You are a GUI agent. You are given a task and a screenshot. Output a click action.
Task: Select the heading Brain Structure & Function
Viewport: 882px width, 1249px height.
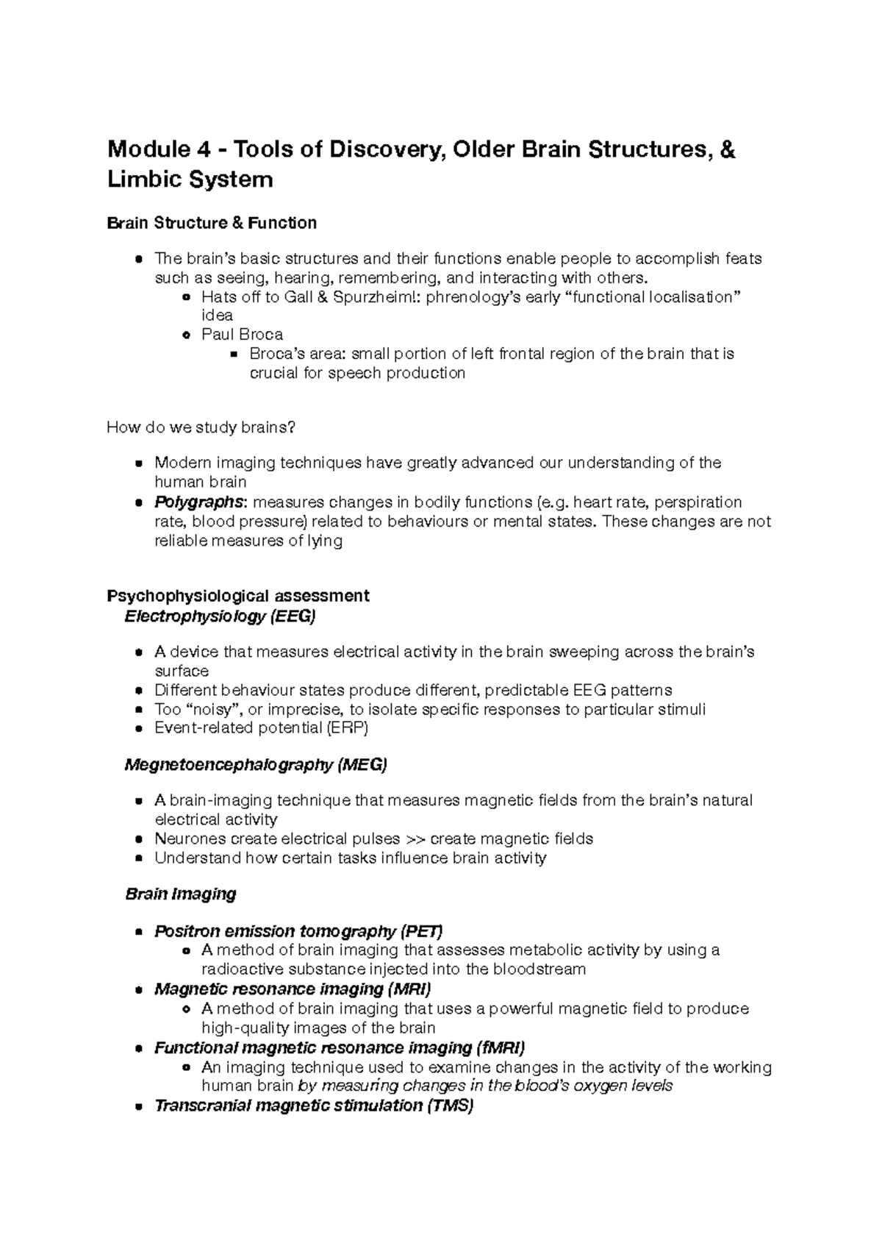click(x=212, y=223)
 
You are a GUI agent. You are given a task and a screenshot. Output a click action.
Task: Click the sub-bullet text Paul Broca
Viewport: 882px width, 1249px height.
click(x=242, y=335)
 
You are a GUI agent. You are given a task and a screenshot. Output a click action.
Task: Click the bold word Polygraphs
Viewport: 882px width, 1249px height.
click(x=198, y=502)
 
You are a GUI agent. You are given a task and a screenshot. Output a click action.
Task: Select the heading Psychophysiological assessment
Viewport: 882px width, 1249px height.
click(x=238, y=595)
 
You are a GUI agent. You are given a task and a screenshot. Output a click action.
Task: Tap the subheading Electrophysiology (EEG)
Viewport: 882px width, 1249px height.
click(x=220, y=616)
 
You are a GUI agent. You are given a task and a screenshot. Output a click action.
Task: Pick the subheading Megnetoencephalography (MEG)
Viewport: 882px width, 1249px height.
click(x=256, y=765)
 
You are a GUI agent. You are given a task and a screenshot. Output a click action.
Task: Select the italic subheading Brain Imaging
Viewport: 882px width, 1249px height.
click(x=181, y=894)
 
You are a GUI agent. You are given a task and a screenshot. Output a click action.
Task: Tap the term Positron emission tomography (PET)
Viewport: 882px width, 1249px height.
click(x=298, y=931)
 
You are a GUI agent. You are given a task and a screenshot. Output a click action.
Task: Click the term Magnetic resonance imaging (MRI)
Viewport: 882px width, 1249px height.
click(x=293, y=989)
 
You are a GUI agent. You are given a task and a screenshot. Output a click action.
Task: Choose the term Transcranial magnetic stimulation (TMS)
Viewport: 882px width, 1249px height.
click(x=314, y=1106)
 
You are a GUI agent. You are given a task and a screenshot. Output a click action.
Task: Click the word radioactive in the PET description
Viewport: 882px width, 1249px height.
click(x=239, y=969)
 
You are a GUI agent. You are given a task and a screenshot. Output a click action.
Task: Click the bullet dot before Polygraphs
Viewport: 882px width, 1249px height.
click(x=138, y=503)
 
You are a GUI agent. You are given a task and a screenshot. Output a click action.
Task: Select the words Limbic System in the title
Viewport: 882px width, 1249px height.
click(x=190, y=179)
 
